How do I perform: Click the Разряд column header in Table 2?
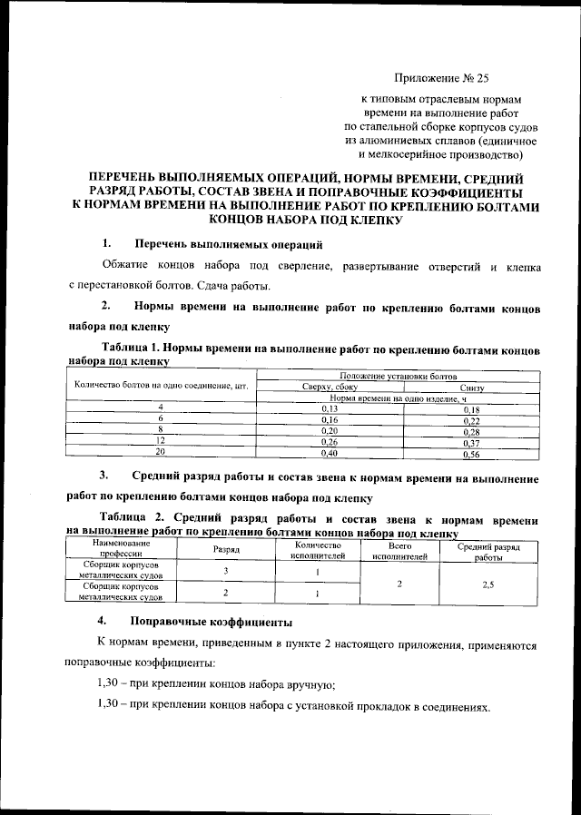pos(226,550)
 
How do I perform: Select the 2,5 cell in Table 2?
pos(488,584)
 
